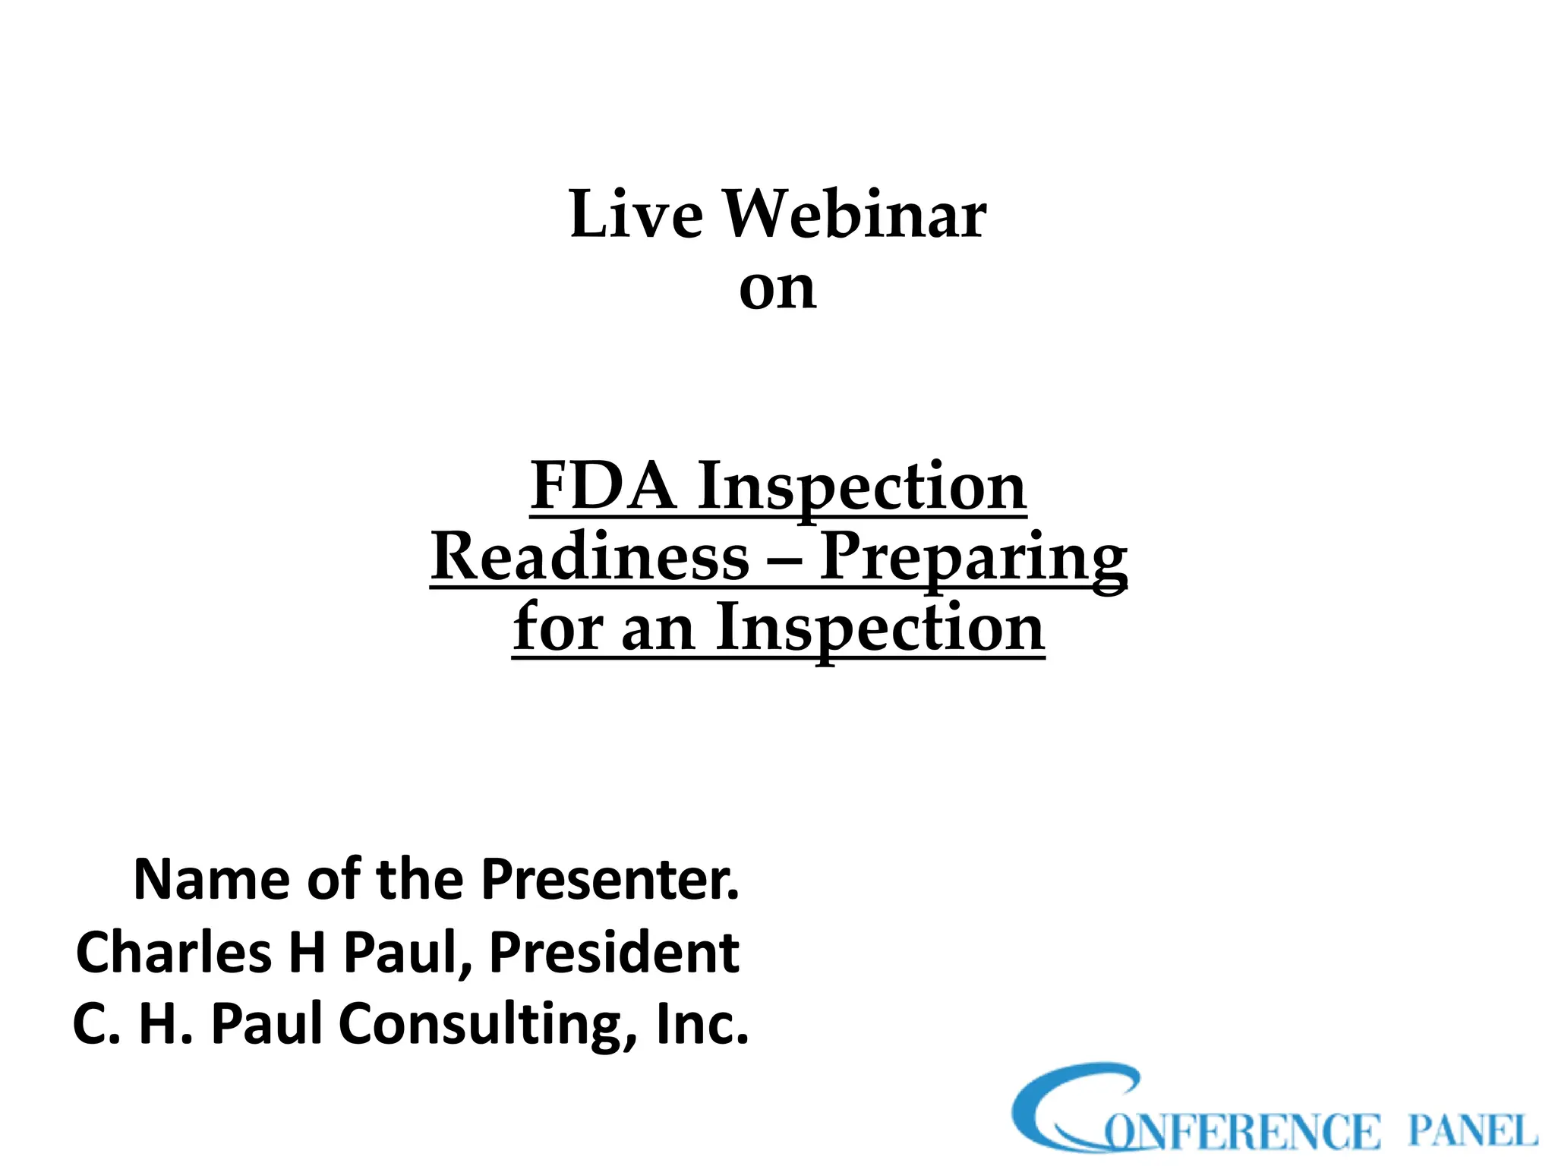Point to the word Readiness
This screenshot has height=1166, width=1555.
tap(590, 556)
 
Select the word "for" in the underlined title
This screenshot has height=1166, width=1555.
tap(556, 627)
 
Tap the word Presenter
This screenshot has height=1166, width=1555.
tap(610, 880)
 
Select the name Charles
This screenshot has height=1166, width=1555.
tap(174, 953)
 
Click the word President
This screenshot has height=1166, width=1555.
tap(613, 953)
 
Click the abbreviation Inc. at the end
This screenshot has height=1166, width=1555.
tap(702, 1024)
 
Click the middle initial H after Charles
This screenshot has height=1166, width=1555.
tap(307, 953)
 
